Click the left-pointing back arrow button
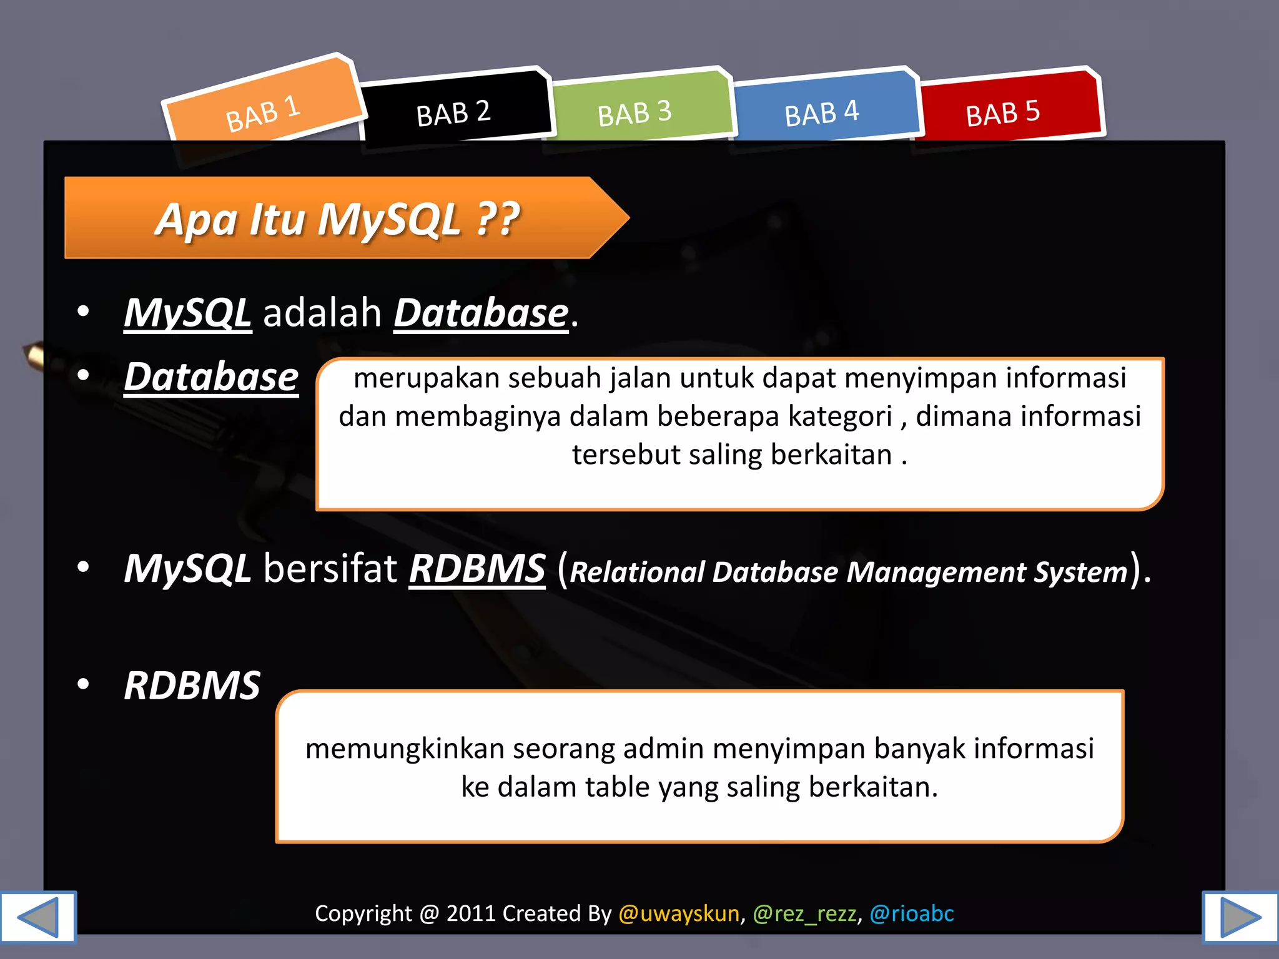pos(37,917)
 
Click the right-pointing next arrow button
pos(1241,917)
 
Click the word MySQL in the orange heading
pos(388,220)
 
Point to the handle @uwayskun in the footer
pos(679,913)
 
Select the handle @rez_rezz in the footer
pos(804,913)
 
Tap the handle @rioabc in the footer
pos(912,913)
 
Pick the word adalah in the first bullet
pos(322,312)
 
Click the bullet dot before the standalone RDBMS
pos(83,684)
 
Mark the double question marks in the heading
pos(498,219)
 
